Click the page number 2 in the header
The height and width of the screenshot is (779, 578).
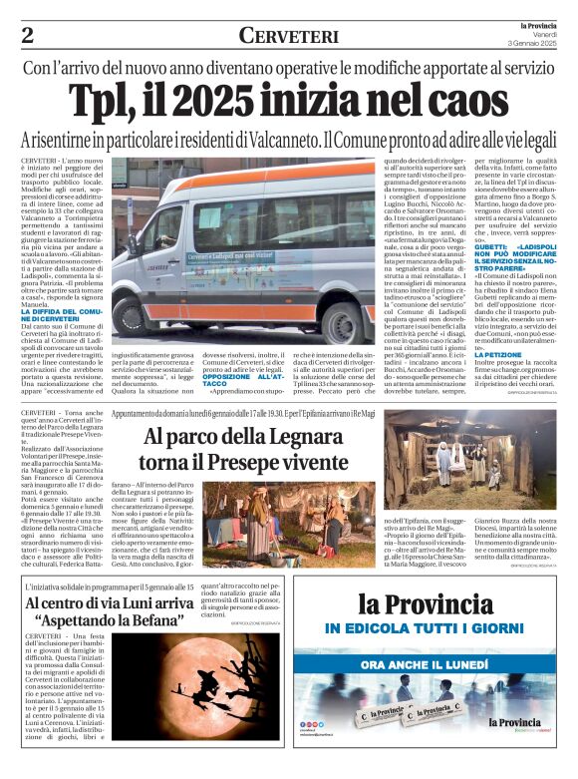coord(27,35)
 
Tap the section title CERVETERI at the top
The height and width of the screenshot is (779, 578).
coord(288,36)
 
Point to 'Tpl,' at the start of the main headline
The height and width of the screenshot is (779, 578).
coord(106,101)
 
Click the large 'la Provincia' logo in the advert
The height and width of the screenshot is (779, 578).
coord(453,602)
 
